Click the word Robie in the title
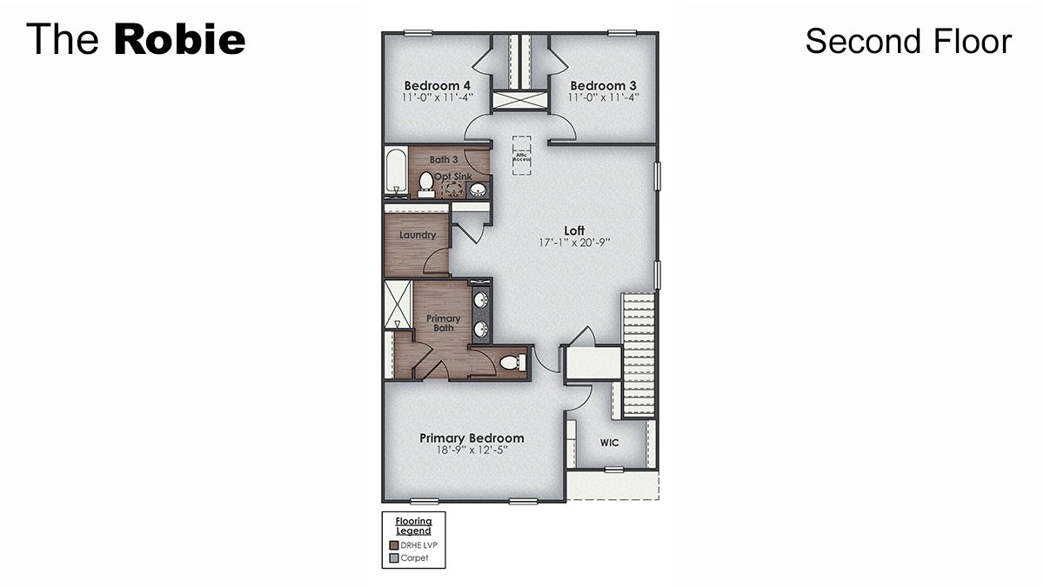[179, 40]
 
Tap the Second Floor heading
[907, 41]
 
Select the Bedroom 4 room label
[437, 86]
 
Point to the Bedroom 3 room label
[603, 86]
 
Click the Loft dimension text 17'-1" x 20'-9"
[573, 243]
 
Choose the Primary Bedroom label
[472, 437]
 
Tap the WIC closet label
[609, 443]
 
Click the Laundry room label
[418, 236]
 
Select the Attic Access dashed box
[521, 156]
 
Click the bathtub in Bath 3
[396, 174]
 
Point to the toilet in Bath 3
[426, 183]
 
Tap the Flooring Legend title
[413, 526]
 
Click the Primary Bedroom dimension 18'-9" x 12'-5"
[472, 450]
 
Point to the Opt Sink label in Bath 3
[453, 177]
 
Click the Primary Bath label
[444, 324]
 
